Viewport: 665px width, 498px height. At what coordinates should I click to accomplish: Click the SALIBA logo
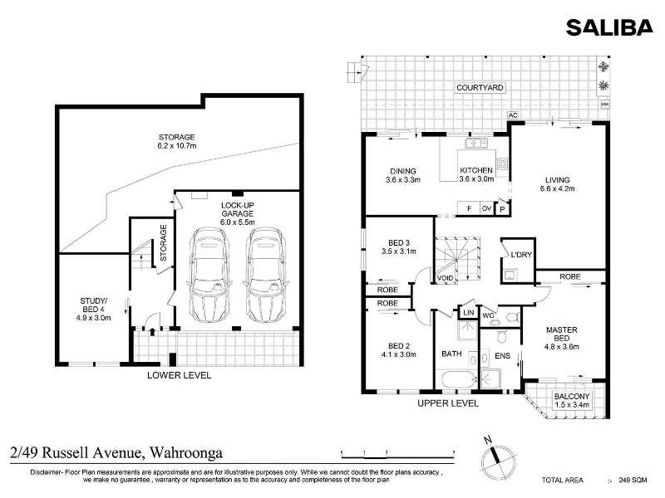(x=609, y=27)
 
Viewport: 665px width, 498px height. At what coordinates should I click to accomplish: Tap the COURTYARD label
(x=480, y=88)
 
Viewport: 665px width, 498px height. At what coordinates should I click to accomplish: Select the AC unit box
(x=513, y=115)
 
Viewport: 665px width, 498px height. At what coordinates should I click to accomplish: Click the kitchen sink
(x=476, y=143)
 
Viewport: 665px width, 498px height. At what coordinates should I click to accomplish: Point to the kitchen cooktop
(x=503, y=164)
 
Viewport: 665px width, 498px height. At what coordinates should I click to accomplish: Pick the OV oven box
(x=486, y=208)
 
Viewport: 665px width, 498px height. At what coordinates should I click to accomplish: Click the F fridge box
(x=469, y=208)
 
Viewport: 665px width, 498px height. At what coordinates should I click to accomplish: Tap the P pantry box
(x=503, y=209)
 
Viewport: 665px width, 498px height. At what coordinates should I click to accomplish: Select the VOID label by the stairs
(x=445, y=278)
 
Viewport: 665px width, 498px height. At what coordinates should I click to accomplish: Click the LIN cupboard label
(x=469, y=313)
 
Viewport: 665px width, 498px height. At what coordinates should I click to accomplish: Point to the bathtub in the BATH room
(x=460, y=379)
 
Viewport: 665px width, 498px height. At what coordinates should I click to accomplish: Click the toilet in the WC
(x=513, y=317)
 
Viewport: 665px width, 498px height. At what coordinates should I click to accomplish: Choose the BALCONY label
(x=572, y=397)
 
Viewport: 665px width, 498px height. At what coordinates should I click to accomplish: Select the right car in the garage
(x=266, y=275)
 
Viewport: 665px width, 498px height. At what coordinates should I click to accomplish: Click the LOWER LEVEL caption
(x=179, y=375)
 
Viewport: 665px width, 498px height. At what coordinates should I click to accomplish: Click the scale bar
(x=398, y=455)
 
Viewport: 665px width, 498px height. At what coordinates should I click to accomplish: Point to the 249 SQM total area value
(x=633, y=480)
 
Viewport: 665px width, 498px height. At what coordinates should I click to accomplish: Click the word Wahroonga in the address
(x=186, y=452)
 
